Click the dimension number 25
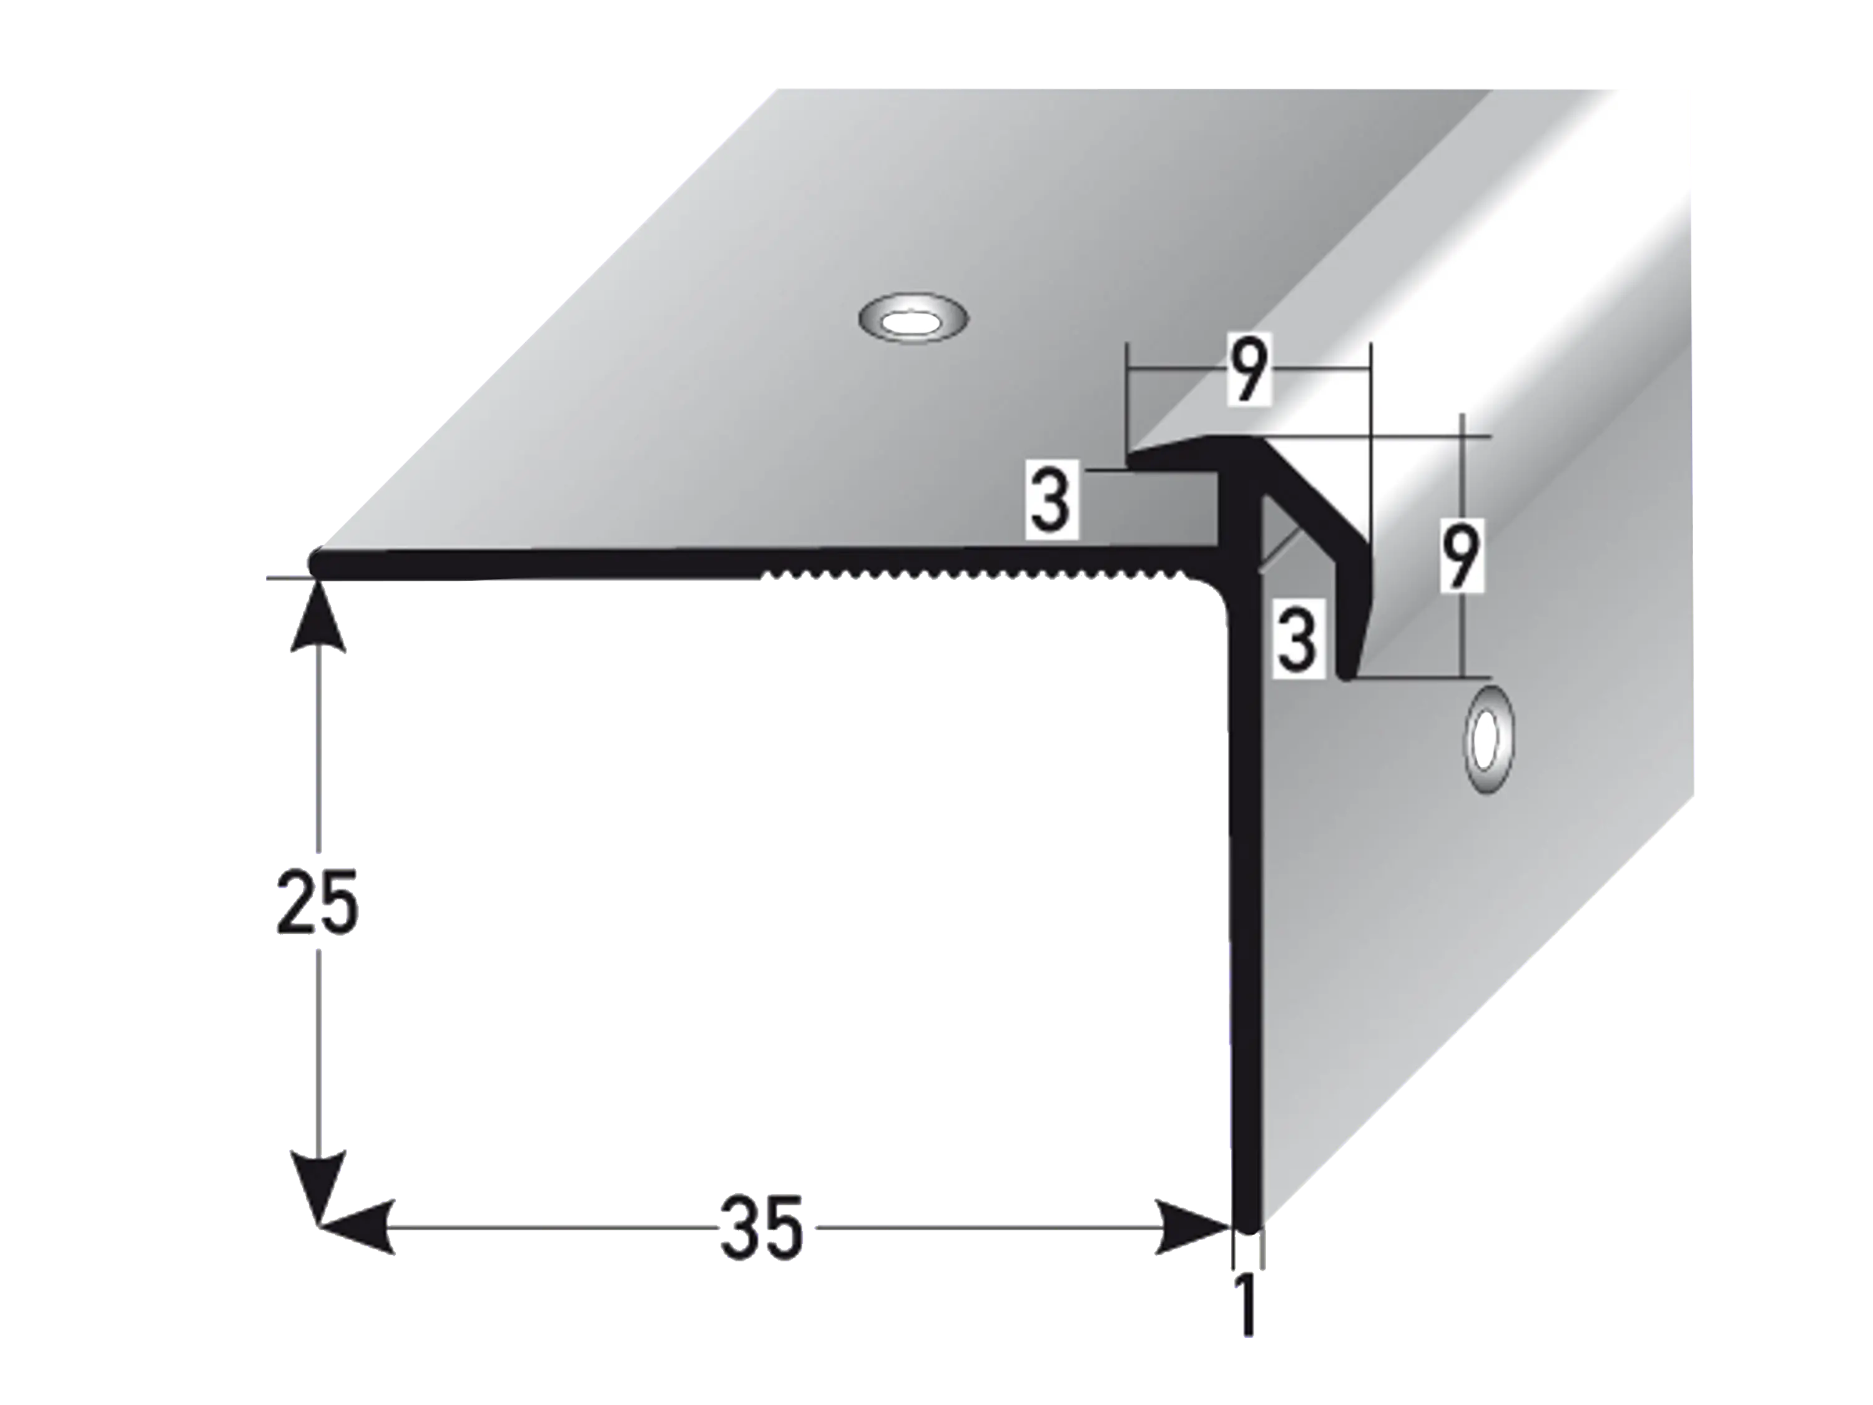point(317,901)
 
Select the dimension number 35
point(760,1228)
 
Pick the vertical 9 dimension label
point(1462,555)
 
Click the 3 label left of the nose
point(1051,500)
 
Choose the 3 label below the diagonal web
point(1297,639)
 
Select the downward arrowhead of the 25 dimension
point(318,1186)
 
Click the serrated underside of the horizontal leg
point(974,578)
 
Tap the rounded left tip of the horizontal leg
point(315,563)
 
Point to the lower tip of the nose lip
point(1346,673)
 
